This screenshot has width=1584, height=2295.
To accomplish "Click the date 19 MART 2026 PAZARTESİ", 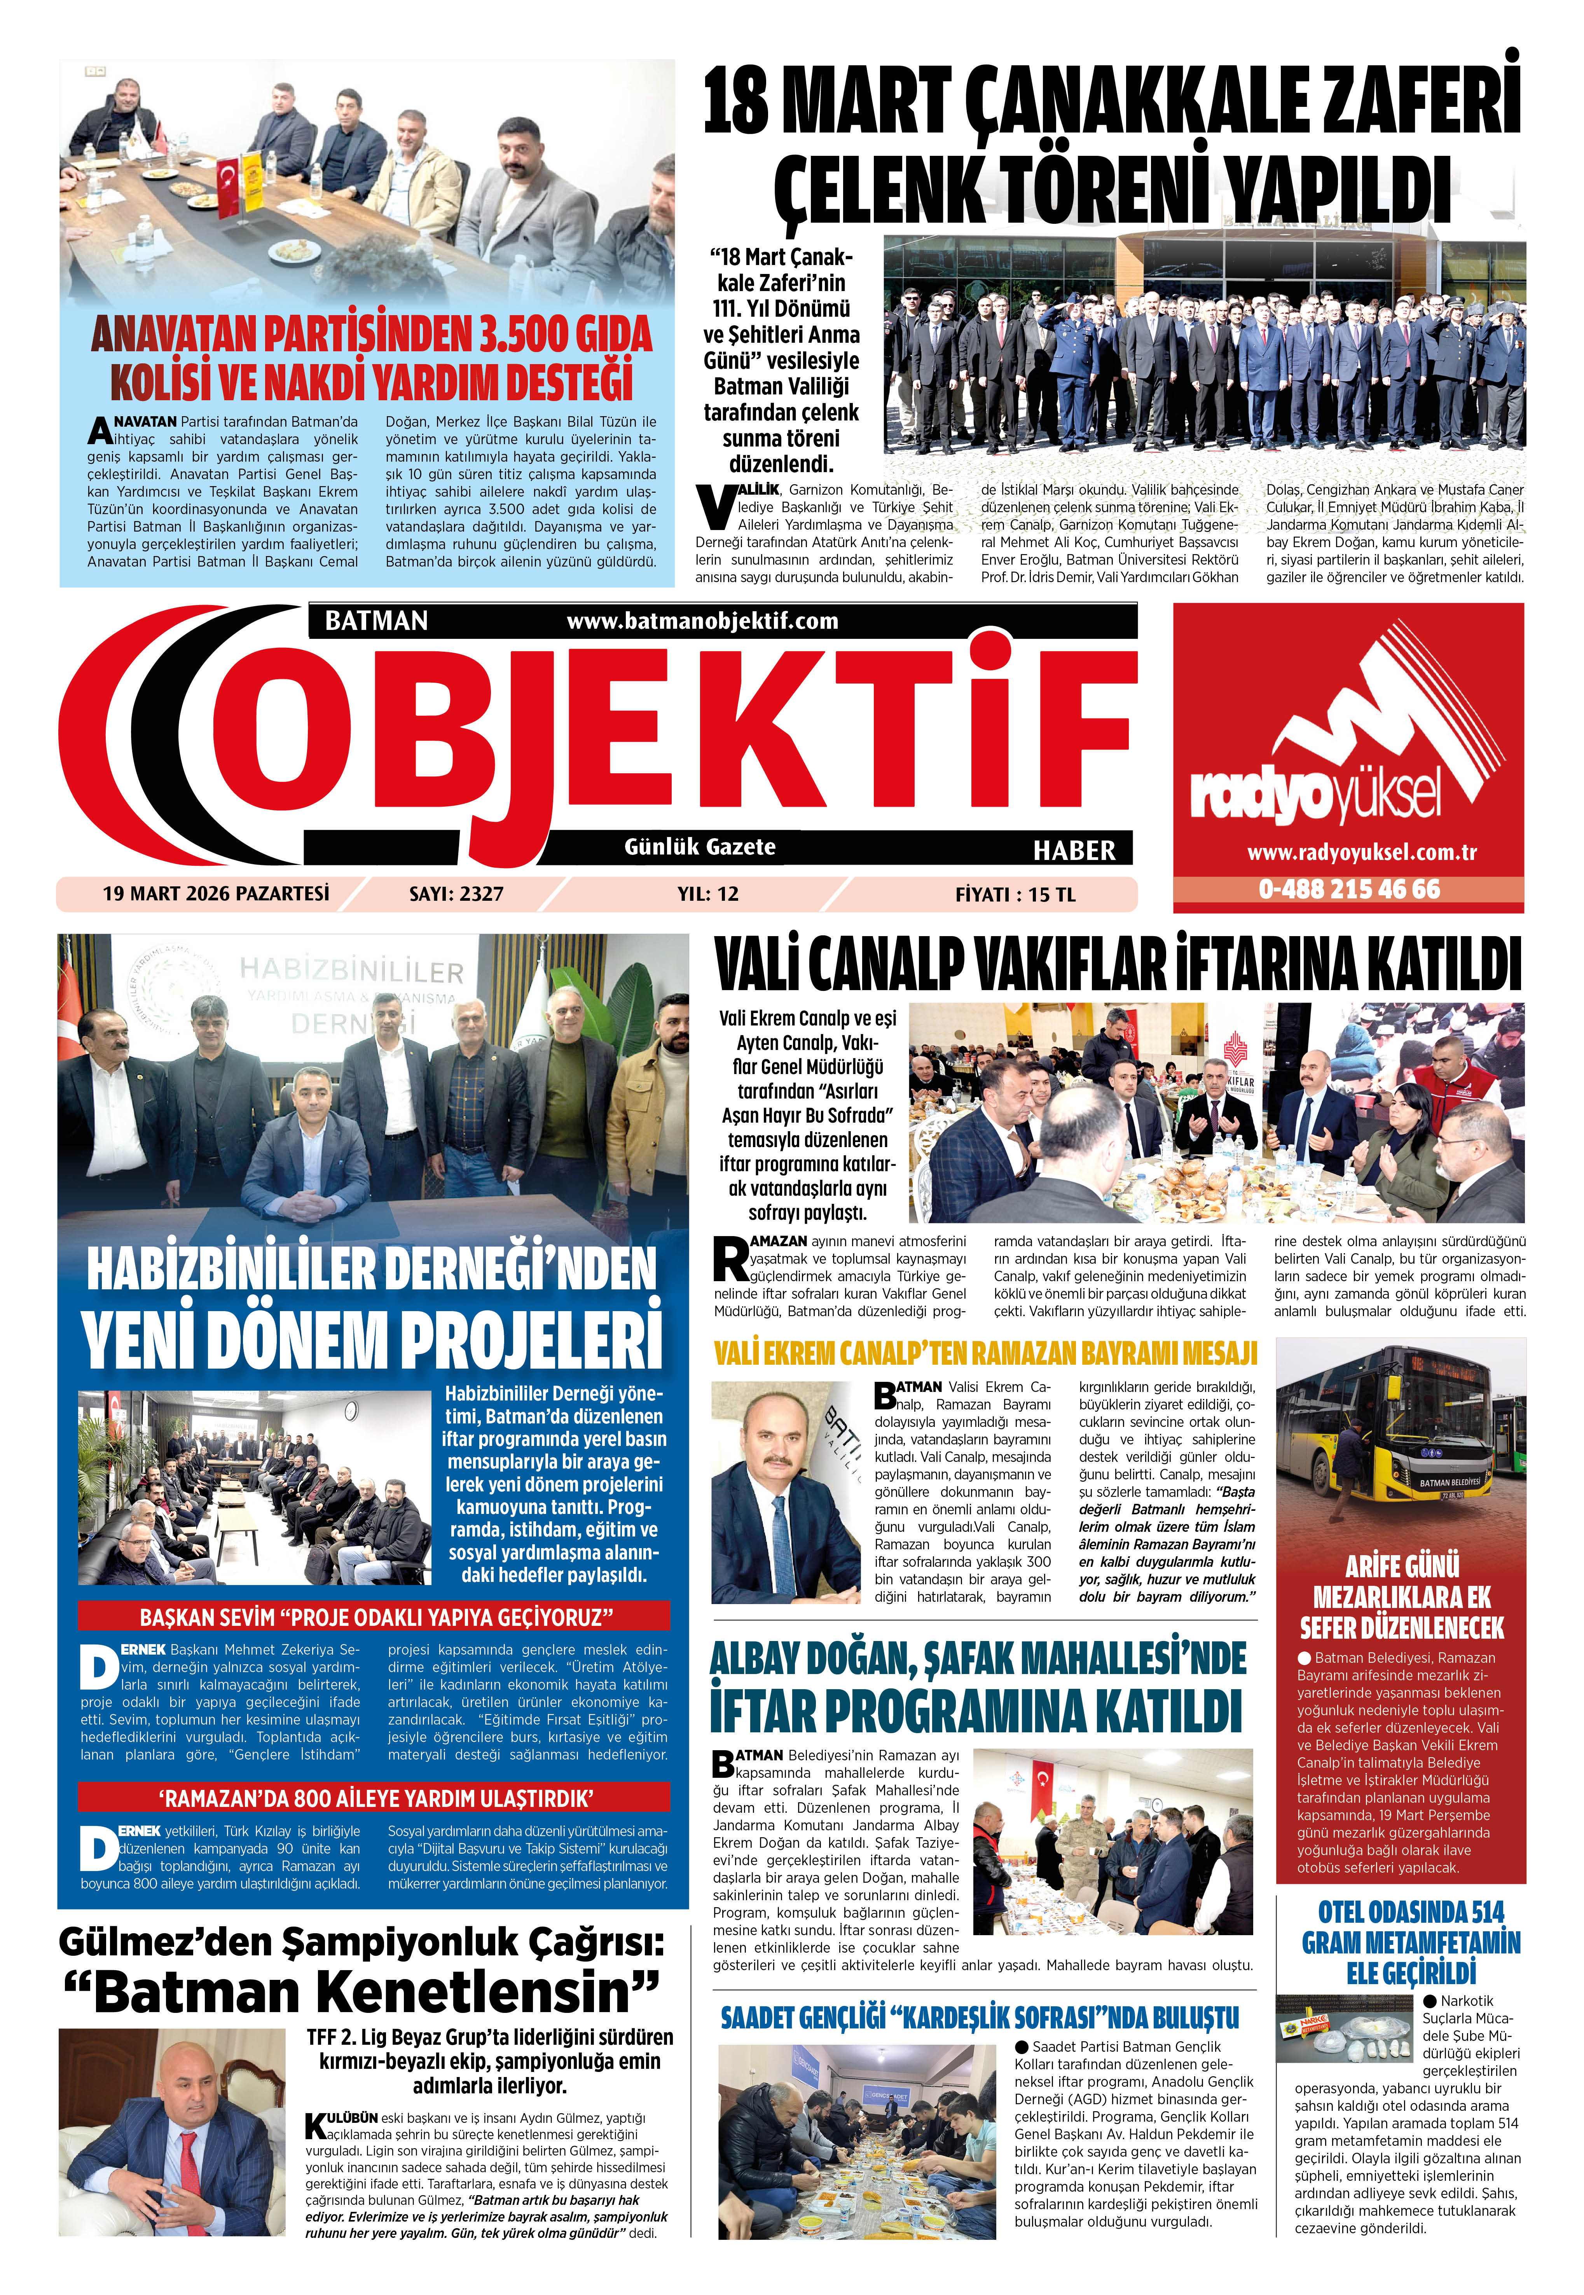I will [x=215, y=893].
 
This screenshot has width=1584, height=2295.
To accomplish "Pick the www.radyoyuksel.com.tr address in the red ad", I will [x=1349, y=851].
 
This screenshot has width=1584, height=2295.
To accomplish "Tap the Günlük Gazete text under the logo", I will [x=700, y=846].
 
